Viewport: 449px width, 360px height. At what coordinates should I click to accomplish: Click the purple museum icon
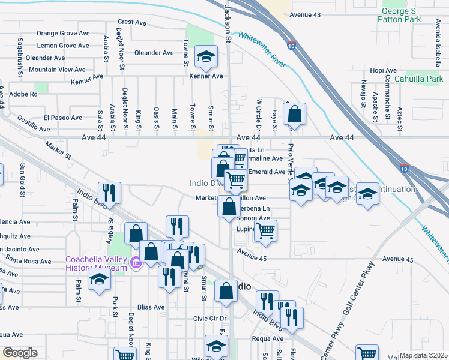click(136, 262)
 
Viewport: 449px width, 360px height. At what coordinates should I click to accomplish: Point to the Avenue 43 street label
click(305, 14)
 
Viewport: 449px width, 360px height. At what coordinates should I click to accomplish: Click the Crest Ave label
click(133, 23)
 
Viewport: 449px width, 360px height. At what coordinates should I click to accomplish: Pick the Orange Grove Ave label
click(63, 34)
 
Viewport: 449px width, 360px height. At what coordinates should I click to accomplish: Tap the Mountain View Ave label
click(58, 70)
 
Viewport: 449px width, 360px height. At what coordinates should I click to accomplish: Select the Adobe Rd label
click(24, 94)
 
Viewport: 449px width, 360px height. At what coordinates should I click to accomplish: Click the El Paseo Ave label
click(62, 118)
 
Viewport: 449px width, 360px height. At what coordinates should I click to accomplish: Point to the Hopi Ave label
click(384, 70)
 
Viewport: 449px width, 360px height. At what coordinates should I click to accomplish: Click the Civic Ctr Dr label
click(209, 318)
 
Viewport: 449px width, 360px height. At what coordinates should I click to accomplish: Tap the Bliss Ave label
click(151, 307)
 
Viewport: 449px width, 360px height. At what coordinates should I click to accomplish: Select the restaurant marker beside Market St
click(110, 193)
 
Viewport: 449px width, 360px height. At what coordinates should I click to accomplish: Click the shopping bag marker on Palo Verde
click(294, 113)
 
